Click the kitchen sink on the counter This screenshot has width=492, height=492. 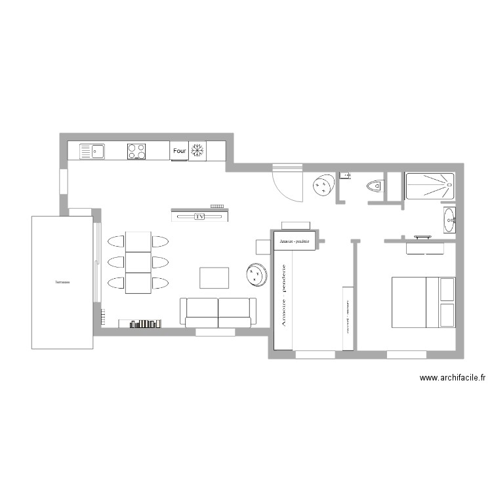coord(92,152)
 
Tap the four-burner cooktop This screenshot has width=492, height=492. coord(136,152)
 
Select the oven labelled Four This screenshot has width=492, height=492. coord(179,151)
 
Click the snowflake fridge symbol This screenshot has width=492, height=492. coord(197,151)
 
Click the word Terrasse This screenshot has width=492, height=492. coord(62,282)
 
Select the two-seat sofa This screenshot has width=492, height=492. coord(218,312)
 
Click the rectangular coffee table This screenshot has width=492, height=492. coord(215,277)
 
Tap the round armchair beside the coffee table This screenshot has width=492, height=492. coord(256,274)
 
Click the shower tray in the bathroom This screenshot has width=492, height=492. coord(430,186)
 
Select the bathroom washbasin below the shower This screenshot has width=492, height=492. coord(450,220)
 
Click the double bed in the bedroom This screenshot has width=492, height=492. coord(423,302)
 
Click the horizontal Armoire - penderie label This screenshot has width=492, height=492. coord(294,241)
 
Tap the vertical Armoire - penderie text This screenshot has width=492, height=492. coord(283,296)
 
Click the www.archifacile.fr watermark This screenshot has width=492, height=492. coord(452,378)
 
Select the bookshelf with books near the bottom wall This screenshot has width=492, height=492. coord(140,323)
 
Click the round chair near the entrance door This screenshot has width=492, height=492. coord(322,186)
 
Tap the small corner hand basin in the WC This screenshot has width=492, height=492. coord(345,175)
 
